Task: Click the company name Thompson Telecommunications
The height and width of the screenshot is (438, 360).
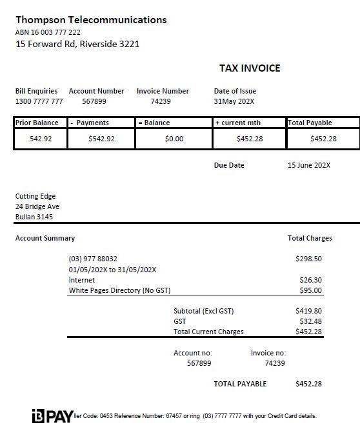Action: tap(91, 20)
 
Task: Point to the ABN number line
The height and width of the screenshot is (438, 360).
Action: tap(48, 32)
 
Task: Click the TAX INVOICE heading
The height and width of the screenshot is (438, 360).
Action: tap(250, 68)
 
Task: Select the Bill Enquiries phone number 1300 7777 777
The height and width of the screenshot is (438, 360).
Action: tap(39, 101)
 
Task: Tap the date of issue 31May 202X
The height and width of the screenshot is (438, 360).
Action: tap(234, 101)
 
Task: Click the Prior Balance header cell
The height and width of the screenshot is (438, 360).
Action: tap(37, 123)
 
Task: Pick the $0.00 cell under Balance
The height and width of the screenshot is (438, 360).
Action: tap(174, 139)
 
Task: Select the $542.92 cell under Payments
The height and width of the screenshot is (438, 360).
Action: tap(101, 139)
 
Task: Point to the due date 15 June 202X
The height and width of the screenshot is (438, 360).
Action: tap(308, 165)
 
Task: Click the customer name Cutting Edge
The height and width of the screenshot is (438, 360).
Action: tap(35, 196)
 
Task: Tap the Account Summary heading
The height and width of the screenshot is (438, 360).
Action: tap(45, 238)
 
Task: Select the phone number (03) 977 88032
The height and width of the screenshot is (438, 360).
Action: tap(93, 259)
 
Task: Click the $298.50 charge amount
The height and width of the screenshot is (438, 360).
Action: tap(308, 259)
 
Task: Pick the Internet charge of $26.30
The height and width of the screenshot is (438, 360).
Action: tap(310, 280)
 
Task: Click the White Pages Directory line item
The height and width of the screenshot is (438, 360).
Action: tap(119, 290)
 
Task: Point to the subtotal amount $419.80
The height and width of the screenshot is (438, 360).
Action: tap(308, 311)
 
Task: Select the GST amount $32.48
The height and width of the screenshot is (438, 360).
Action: tap(310, 321)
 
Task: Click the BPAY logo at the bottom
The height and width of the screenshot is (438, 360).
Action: tap(52, 416)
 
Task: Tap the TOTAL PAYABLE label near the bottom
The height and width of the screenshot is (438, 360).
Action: tap(240, 384)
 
